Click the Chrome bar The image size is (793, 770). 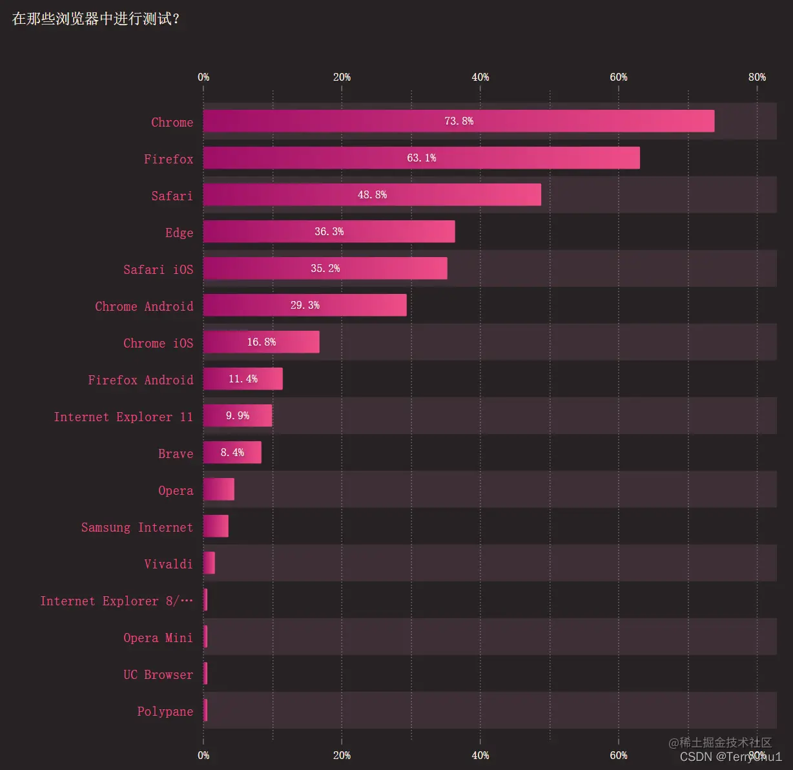click(458, 121)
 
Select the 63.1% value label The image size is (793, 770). click(421, 158)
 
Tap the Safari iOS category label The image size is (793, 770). click(158, 269)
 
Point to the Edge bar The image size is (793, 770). click(329, 232)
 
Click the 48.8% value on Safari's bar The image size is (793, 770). click(372, 195)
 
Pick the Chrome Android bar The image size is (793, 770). click(305, 306)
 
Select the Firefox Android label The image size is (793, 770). click(140, 380)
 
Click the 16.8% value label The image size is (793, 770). click(261, 342)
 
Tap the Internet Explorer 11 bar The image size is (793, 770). click(238, 416)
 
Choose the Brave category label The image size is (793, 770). click(176, 453)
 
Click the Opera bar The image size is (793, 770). click(219, 490)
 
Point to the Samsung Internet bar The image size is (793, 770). click(216, 526)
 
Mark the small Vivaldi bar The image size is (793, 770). click(209, 563)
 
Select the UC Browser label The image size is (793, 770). click(158, 674)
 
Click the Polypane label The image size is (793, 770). click(165, 711)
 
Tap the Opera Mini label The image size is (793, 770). click(158, 638)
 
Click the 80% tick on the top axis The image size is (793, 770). click(757, 78)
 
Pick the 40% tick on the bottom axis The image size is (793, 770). click(480, 755)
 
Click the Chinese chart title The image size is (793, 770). click(96, 19)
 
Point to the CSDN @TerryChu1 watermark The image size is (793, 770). click(730, 757)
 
